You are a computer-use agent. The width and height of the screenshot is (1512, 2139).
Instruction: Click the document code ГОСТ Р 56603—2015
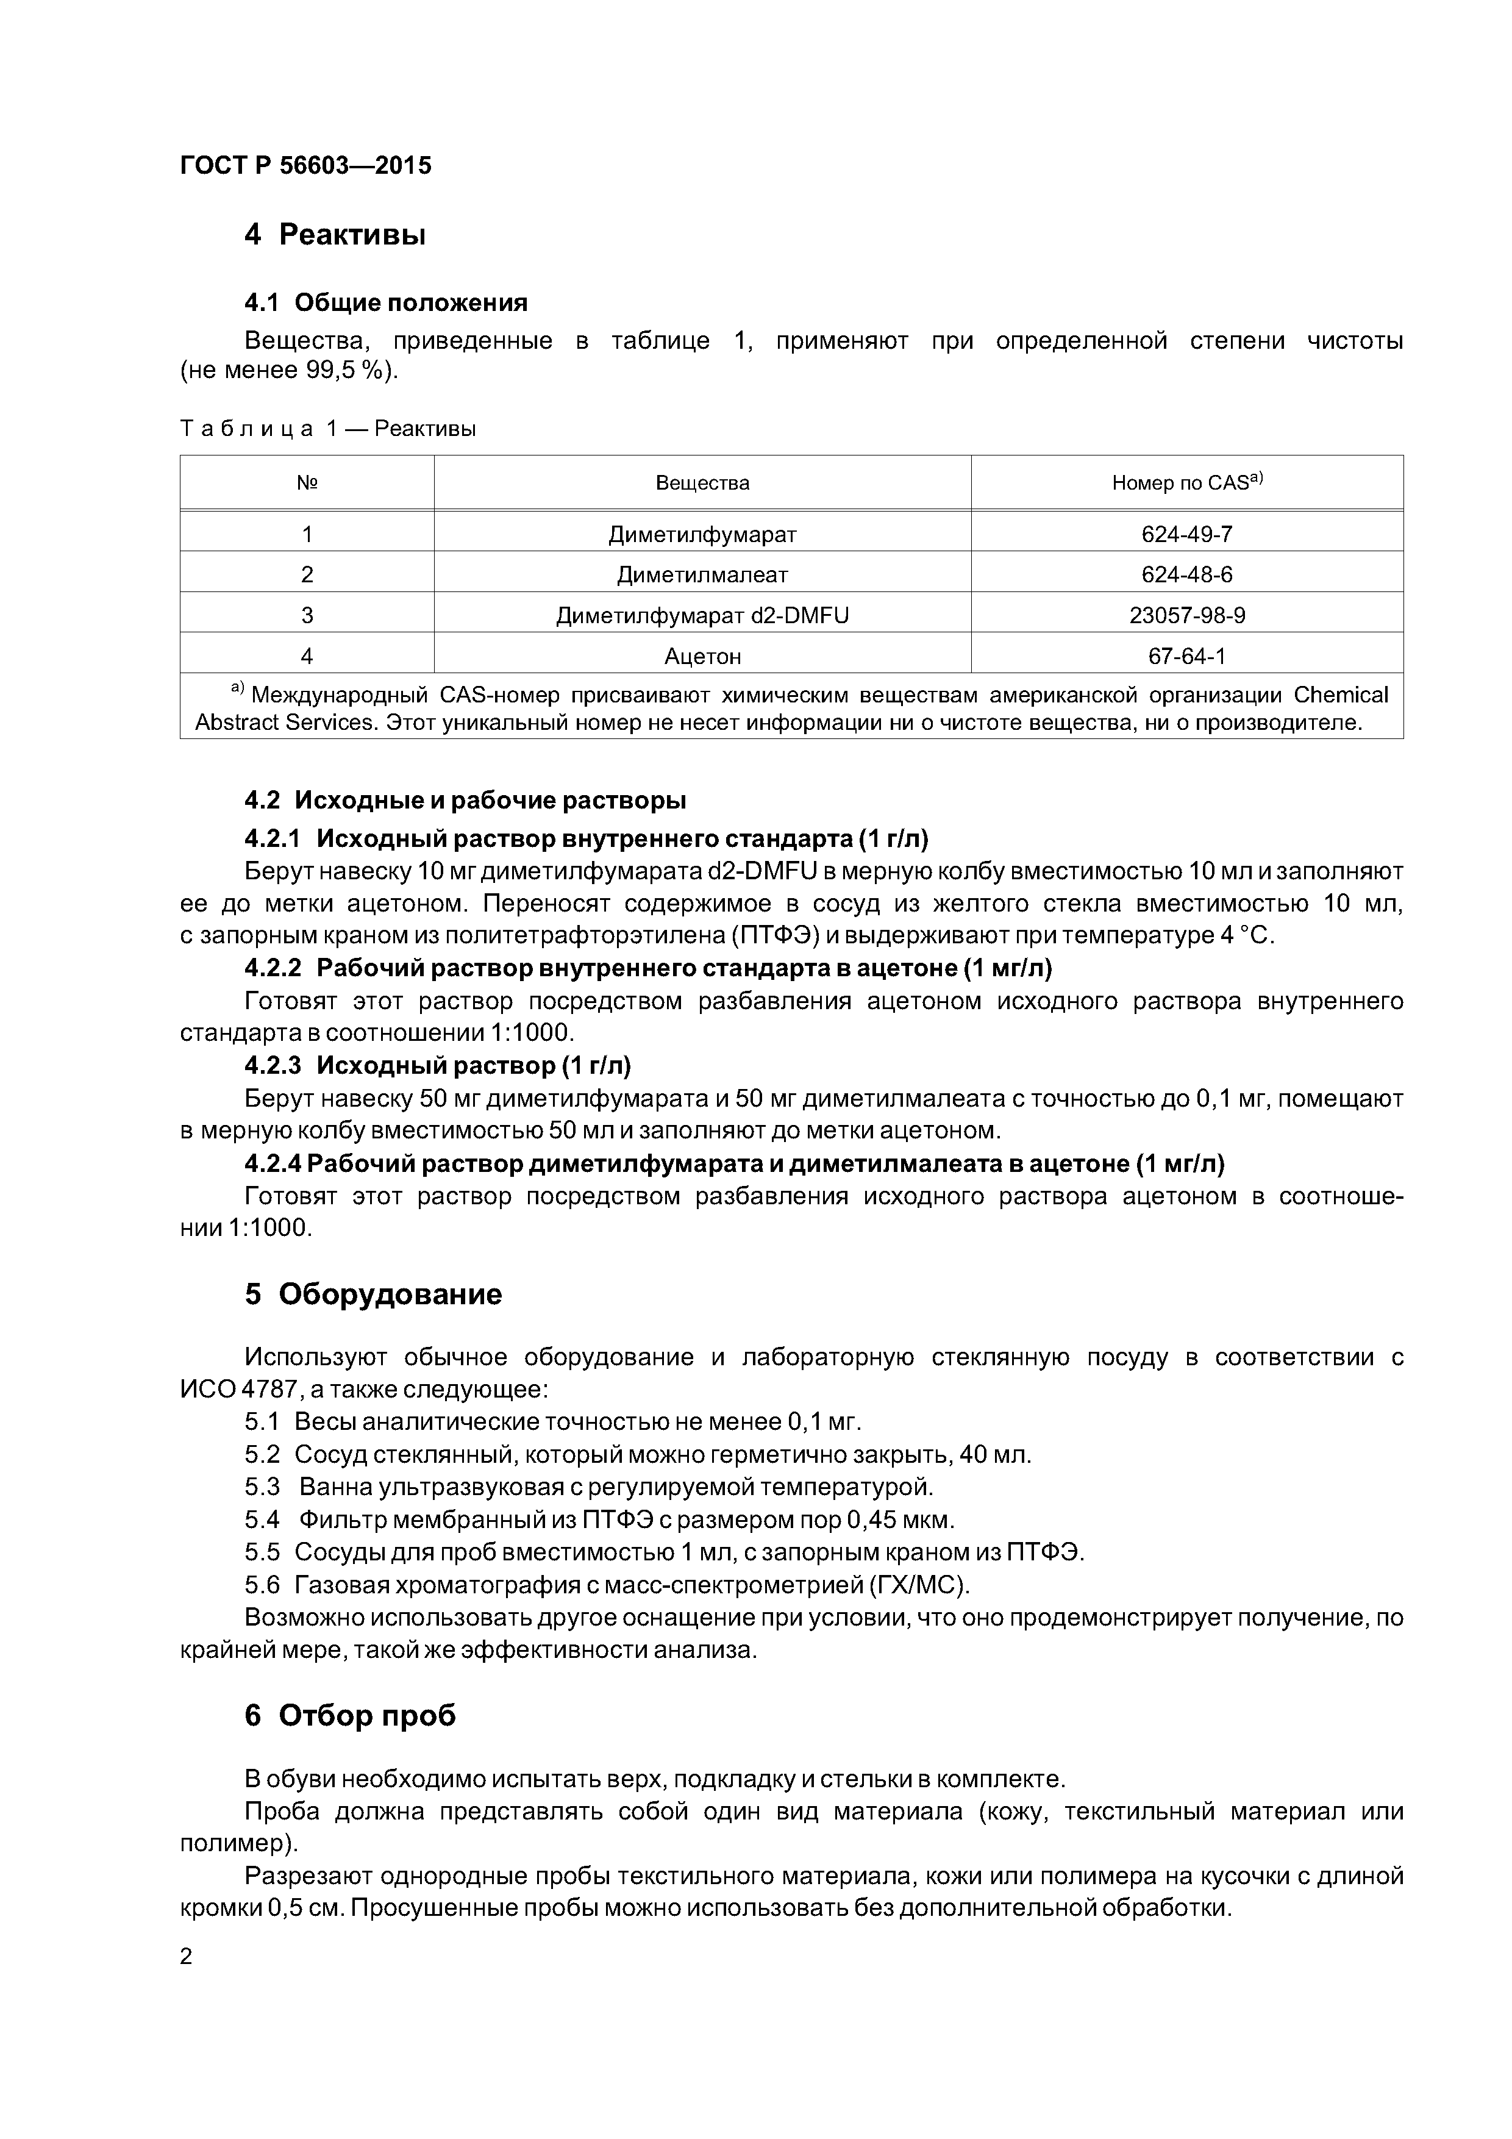click(305, 166)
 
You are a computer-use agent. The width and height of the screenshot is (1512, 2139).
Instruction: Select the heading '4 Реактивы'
click(335, 235)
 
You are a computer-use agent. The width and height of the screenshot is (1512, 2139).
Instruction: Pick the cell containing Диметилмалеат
click(702, 575)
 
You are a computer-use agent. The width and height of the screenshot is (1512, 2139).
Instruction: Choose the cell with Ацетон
click(702, 657)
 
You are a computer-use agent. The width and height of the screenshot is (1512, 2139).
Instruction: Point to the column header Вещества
click(702, 482)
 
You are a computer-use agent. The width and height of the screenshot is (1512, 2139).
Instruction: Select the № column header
click(307, 482)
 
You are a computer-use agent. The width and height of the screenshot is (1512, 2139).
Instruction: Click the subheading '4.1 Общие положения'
click(386, 303)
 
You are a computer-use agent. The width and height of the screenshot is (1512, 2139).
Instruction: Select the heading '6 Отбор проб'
click(351, 1715)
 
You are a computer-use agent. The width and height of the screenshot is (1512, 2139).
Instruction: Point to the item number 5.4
click(262, 1520)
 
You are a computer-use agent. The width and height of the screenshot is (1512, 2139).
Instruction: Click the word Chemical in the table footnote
click(1341, 695)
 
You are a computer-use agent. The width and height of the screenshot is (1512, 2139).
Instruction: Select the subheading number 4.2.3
click(273, 1065)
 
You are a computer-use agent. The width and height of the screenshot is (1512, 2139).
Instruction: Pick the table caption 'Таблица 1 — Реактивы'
click(328, 429)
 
